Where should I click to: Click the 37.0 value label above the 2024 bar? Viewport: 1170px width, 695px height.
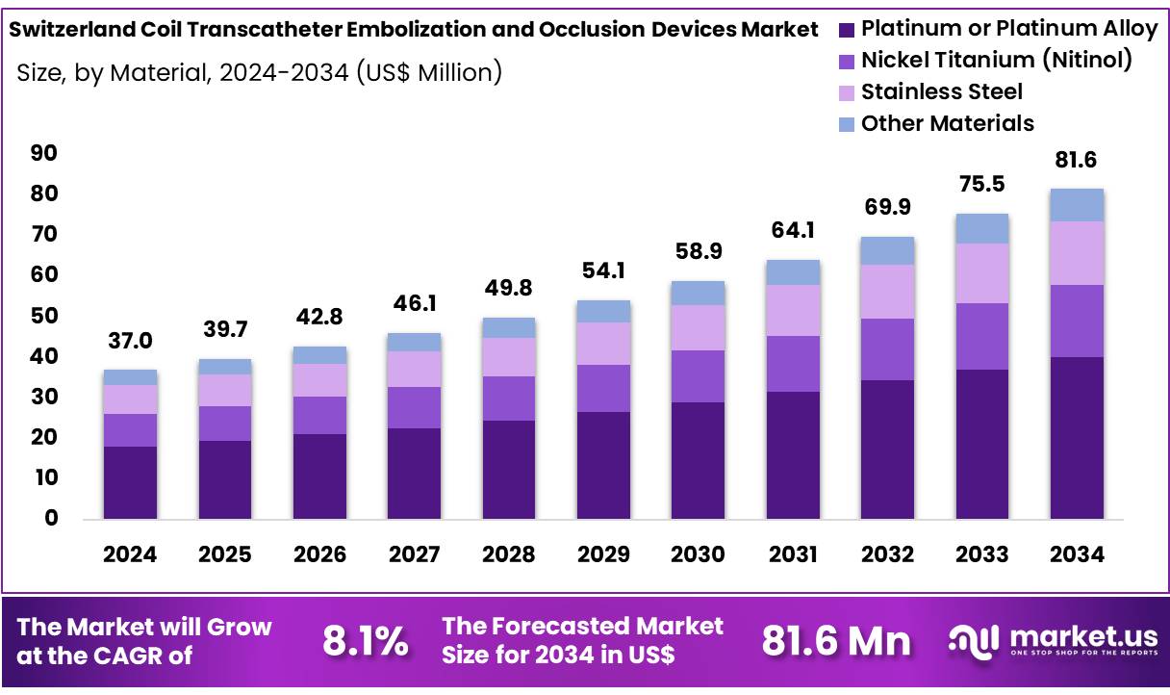pyautogui.click(x=130, y=341)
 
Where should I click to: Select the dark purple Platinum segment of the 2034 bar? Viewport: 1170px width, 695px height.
pyautogui.click(x=1076, y=438)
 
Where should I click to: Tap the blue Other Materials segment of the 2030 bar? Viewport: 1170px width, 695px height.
pyautogui.click(x=698, y=293)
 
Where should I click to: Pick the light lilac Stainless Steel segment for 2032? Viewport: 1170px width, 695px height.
pyautogui.click(x=887, y=291)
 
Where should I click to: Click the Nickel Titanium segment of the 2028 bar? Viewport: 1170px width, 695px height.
pyautogui.click(x=508, y=398)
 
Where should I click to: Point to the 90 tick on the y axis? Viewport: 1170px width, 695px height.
pyautogui.click(x=44, y=154)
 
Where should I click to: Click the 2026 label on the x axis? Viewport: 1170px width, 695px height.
pyautogui.click(x=319, y=554)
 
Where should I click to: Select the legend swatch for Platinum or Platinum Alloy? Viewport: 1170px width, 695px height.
pyautogui.click(x=846, y=30)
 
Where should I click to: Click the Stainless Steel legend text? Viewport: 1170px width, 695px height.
pyautogui.click(x=941, y=92)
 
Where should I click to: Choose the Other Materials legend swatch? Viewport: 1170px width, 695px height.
pyautogui.click(x=846, y=124)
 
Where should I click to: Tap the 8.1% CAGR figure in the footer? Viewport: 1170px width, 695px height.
pyautogui.click(x=365, y=641)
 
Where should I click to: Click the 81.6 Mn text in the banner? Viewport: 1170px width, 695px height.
pyautogui.click(x=836, y=641)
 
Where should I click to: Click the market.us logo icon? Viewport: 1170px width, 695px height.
pyautogui.click(x=973, y=641)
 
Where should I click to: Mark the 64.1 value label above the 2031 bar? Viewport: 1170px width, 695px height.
pyautogui.click(x=792, y=230)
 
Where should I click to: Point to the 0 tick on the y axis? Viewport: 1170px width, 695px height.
pyautogui.click(x=51, y=519)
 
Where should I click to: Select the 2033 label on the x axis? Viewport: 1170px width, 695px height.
pyautogui.click(x=981, y=554)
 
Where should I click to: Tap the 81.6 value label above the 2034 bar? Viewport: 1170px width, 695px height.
pyautogui.click(x=1076, y=160)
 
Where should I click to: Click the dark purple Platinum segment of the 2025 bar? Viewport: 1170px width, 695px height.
pyautogui.click(x=224, y=479)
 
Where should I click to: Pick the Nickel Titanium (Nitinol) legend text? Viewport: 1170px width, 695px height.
pyautogui.click(x=996, y=61)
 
